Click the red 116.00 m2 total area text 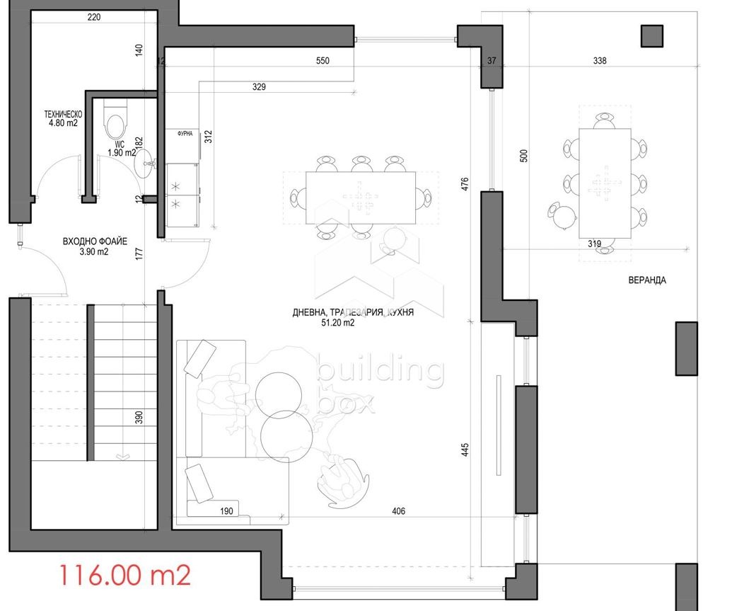124,575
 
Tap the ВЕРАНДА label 646,280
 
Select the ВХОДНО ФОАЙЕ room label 95,241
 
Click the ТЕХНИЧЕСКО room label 63,115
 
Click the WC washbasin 145,164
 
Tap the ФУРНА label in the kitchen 185,134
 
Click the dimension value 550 322,61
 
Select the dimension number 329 259,87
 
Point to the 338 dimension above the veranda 600,61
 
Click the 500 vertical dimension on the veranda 524,156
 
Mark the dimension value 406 399,511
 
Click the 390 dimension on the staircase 139,418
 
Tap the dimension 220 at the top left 95,17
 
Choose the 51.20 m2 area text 338,323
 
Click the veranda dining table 605,183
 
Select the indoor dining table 361,198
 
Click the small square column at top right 652,36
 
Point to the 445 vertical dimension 465,450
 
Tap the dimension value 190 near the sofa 227,511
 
